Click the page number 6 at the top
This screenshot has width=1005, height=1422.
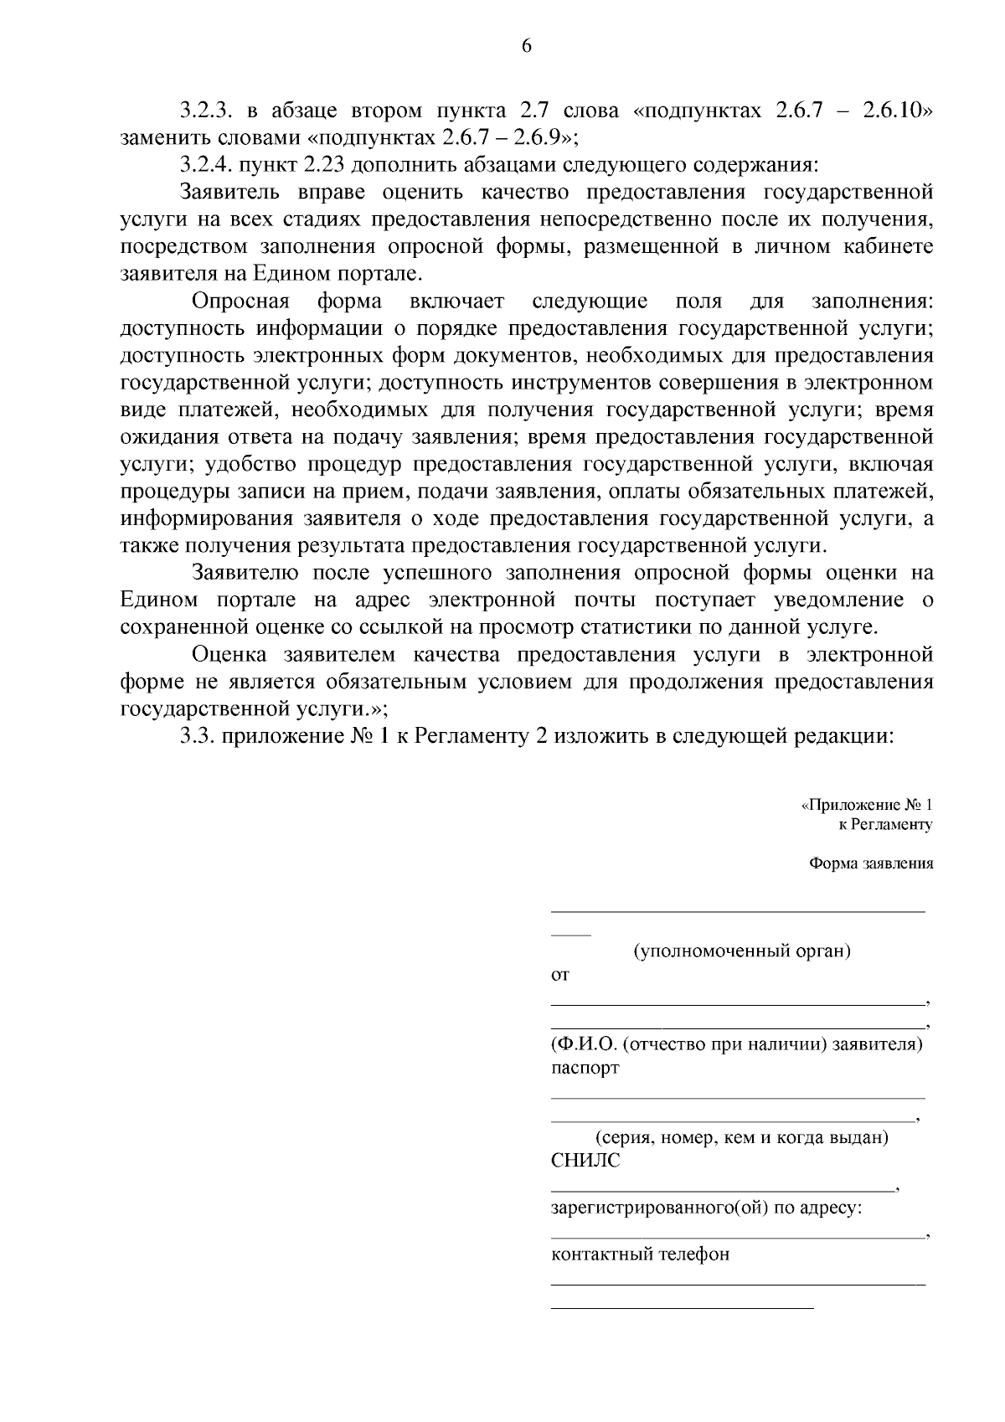tap(527, 47)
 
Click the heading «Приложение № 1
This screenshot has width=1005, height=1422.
tap(868, 805)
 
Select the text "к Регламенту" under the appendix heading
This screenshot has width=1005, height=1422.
tap(885, 824)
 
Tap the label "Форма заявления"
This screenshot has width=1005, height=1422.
tap(871, 863)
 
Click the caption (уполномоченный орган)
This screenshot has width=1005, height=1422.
tap(742, 951)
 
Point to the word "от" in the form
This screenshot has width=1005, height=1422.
tap(559, 975)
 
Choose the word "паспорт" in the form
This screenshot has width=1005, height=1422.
tap(585, 1069)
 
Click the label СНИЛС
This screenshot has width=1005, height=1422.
tap(585, 1162)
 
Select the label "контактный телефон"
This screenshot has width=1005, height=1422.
tap(640, 1255)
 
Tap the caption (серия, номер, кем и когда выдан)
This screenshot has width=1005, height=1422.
tap(742, 1138)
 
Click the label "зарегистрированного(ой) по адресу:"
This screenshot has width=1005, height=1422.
tap(707, 1208)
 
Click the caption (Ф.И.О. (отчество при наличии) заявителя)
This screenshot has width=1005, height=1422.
tap(737, 1045)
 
